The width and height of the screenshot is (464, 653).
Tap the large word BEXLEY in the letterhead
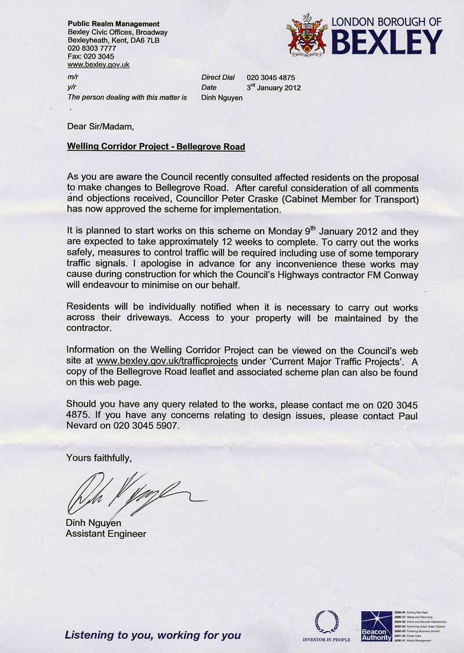pos(387,41)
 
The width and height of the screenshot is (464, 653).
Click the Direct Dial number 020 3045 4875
pos(271,77)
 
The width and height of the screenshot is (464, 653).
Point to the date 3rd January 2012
pos(274,88)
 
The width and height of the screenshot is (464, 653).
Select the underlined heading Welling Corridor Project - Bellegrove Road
pos(156,147)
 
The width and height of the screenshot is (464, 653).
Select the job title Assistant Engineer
pos(106,533)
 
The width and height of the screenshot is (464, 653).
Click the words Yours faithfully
pos(99,458)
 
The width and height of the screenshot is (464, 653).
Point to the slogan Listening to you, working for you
pos(153,635)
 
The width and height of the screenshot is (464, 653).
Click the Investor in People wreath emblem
pos(327,621)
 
